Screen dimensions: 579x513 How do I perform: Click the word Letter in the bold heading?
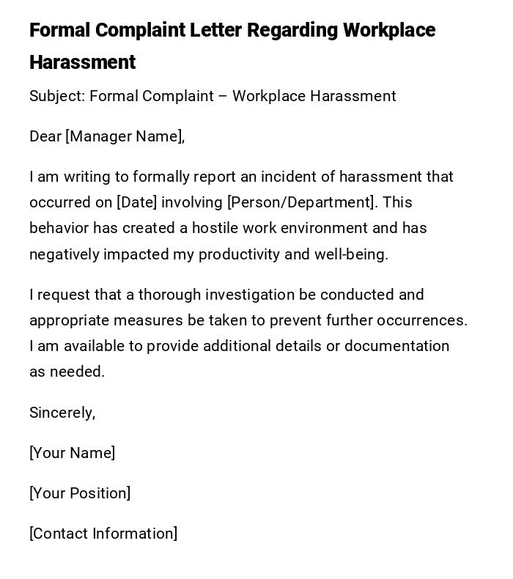point(215,31)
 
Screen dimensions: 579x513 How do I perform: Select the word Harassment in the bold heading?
point(82,63)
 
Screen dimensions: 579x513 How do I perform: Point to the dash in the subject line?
point(223,96)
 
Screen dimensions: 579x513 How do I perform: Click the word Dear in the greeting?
point(45,136)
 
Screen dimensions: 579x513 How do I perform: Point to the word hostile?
point(217,228)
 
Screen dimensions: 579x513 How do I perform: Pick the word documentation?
point(396,346)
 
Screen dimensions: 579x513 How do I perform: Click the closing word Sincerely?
point(62,413)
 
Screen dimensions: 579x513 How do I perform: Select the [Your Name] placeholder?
point(72,453)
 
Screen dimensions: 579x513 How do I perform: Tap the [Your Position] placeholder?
point(80,493)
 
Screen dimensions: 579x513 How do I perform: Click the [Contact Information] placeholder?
point(103,534)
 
